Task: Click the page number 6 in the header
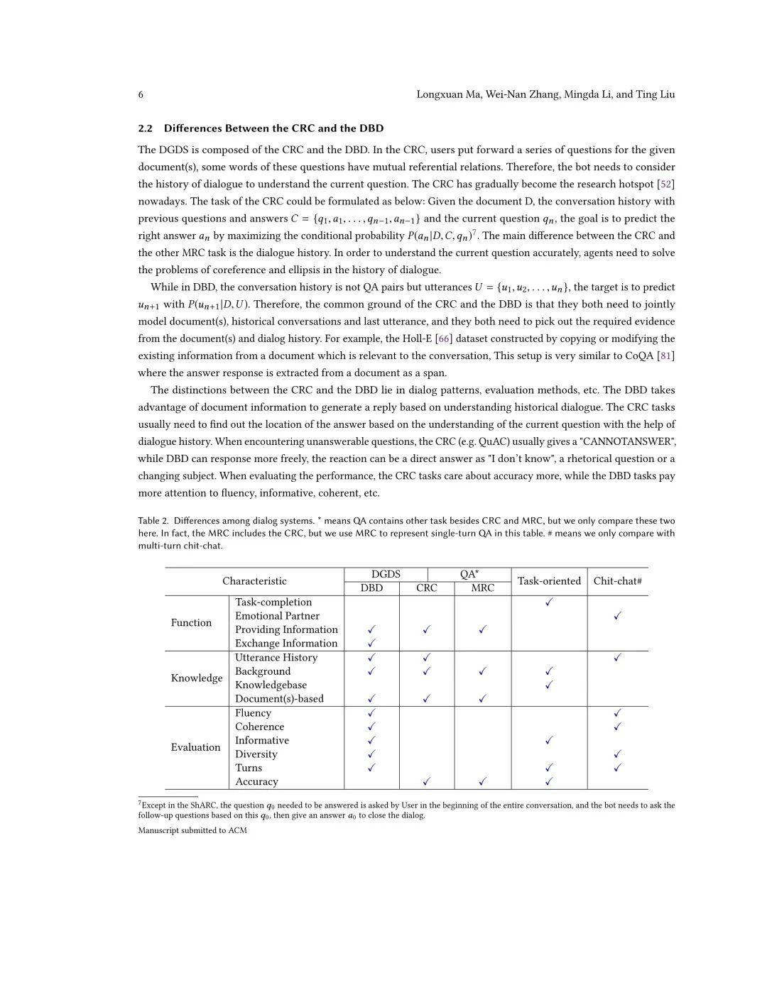[x=141, y=94]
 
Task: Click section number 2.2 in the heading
[x=145, y=128]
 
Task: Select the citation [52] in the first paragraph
[x=666, y=184]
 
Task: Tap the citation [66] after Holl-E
[x=444, y=339]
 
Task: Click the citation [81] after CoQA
[x=666, y=356]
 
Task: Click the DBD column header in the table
[x=371, y=588]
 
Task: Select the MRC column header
[x=483, y=588]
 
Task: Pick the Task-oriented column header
[x=549, y=581]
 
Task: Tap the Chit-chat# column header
[x=618, y=581]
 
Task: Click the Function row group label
[x=191, y=623]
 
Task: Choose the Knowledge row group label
[x=197, y=678]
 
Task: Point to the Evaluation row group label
[x=195, y=747]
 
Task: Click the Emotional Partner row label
[x=277, y=616]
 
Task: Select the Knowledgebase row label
[x=271, y=685]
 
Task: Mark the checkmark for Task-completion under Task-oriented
[x=549, y=602]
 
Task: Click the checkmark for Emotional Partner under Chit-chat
[x=618, y=616]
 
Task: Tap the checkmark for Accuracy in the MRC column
[x=483, y=782]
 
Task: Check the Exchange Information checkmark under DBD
[x=371, y=644]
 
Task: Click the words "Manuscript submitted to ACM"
[x=192, y=831]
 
